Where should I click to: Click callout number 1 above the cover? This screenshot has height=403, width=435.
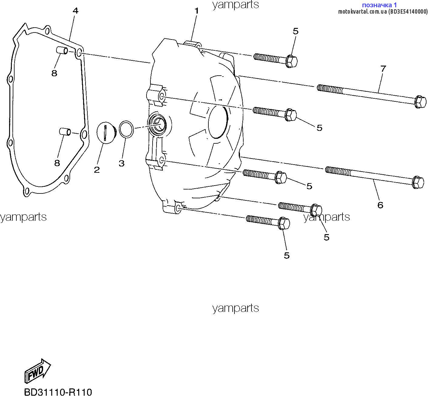(x=197, y=11)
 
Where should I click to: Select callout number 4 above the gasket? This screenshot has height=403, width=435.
(x=76, y=11)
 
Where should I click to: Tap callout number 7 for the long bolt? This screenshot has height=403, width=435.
(x=383, y=69)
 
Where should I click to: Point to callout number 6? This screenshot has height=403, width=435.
(x=380, y=205)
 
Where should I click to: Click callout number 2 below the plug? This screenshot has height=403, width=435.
(x=97, y=170)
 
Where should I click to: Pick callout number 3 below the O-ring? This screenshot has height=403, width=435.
(x=121, y=163)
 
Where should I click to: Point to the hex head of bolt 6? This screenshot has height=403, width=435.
(x=418, y=182)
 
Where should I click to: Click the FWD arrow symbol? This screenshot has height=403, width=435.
(x=37, y=371)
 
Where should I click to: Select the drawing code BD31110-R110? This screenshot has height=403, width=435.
(x=58, y=392)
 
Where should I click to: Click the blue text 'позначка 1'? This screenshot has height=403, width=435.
(x=379, y=5)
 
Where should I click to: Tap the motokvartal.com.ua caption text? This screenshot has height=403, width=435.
(x=383, y=12)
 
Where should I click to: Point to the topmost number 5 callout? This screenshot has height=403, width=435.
(x=295, y=31)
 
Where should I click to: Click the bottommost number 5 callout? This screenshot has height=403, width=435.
(x=287, y=255)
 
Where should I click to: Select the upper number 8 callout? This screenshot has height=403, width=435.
(x=54, y=73)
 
